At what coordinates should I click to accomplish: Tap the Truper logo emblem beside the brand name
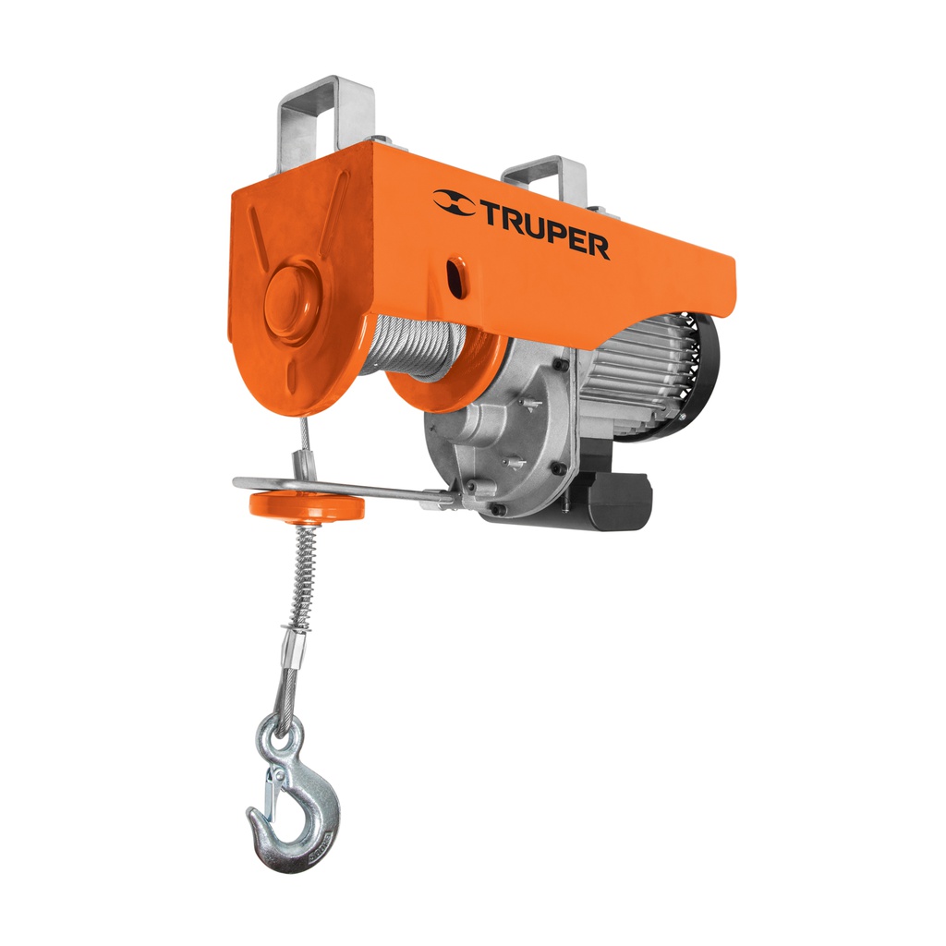[455, 203]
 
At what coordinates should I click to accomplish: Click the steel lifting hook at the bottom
[297, 813]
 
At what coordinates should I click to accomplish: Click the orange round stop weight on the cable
[306, 505]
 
